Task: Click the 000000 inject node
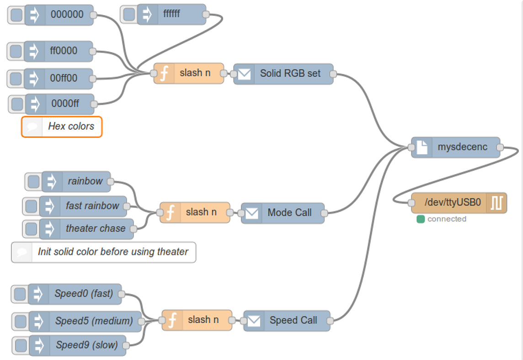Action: tap(67, 15)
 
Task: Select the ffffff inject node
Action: tap(171, 15)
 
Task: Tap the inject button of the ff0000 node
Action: tap(16, 51)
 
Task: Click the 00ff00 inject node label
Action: tap(64, 78)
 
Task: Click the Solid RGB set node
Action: tap(290, 74)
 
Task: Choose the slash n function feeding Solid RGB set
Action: tap(195, 73)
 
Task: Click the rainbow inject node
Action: tap(85, 181)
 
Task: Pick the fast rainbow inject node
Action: tap(92, 206)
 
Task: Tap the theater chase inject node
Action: tap(95, 228)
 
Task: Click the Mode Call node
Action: tap(289, 213)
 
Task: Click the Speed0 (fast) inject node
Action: tap(83, 294)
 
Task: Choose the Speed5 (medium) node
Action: tap(94, 321)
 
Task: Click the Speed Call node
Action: tap(293, 321)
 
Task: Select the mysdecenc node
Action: tap(462, 148)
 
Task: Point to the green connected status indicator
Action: tap(421, 219)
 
